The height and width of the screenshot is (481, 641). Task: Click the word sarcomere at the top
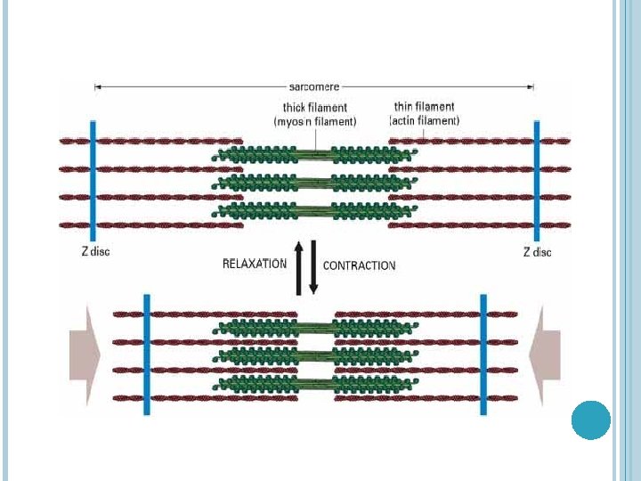(314, 87)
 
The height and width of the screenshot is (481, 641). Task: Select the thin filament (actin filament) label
(425, 113)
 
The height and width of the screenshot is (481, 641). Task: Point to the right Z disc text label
(537, 252)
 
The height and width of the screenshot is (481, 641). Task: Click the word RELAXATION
(254, 264)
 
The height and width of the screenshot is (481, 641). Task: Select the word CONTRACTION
(359, 265)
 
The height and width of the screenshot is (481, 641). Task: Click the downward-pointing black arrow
(313, 267)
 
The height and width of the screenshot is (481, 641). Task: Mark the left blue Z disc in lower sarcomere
(147, 354)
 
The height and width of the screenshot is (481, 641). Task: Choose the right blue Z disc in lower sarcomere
(483, 354)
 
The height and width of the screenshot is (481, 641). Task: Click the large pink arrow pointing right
(85, 355)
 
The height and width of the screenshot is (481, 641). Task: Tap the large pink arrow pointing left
(544, 355)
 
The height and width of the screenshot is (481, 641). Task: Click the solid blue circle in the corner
(590, 420)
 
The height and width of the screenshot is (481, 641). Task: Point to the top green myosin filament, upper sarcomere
(315, 154)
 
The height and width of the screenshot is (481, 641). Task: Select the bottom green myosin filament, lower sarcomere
(315, 385)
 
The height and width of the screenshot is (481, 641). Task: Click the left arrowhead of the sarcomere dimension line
(97, 87)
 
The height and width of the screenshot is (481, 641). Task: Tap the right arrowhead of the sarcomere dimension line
(531, 87)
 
